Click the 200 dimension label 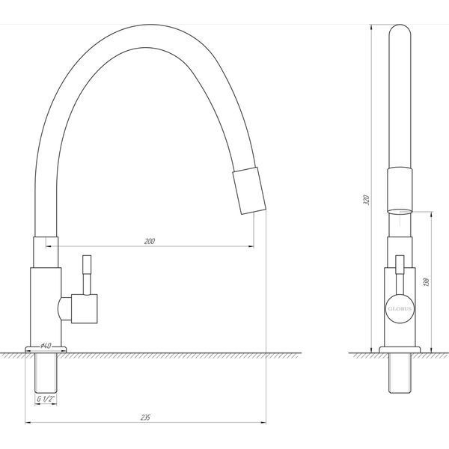[149, 241]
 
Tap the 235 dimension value [145, 418]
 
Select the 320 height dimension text [366, 200]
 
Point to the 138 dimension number [426, 282]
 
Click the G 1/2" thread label [46, 399]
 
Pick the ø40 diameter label [46, 346]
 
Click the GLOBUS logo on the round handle [400, 308]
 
